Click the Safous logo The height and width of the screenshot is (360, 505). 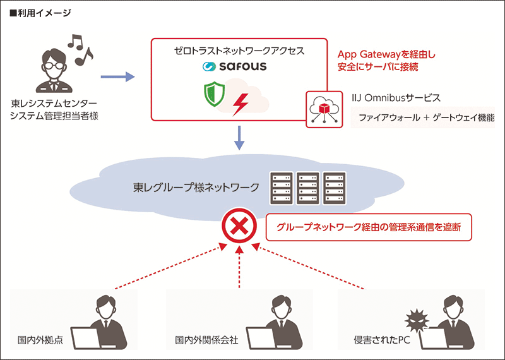click(x=235, y=66)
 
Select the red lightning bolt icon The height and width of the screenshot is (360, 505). click(x=241, y=104)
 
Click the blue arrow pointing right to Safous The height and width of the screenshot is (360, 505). click(x=118, y=77)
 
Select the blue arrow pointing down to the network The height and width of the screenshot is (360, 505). click(x=239, y=138)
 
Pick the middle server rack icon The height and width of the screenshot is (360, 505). click(x=308, y=188)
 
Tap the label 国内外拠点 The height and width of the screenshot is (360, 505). click(x=37, y=340)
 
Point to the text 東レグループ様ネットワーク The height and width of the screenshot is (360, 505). click(x=196, y=187)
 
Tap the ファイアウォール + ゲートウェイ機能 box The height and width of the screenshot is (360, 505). click(x=422, y=117)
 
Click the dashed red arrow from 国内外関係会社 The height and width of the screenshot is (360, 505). click(x=240, y=268)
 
